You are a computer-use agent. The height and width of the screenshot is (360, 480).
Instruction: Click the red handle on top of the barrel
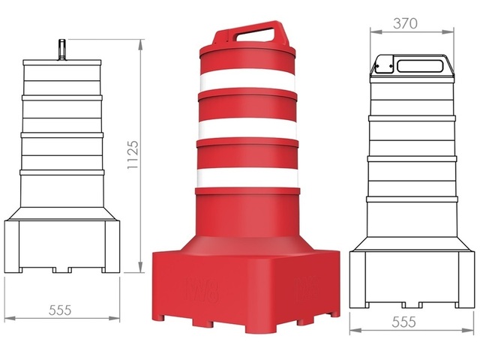tap(247, 34)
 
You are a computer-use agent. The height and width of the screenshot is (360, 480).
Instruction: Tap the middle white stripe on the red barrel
tap(248, 130)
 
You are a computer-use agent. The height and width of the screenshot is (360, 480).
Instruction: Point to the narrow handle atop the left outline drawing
tap(61, 49)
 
